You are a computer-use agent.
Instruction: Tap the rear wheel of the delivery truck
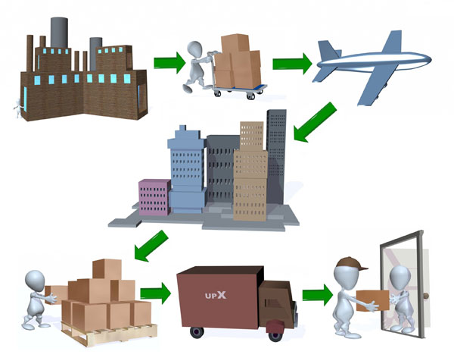coord(197,331)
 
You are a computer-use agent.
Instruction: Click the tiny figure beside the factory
coord(17,108)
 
